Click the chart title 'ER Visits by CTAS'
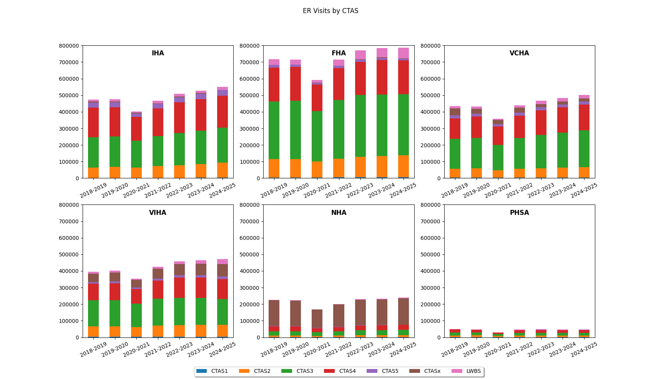[330, 11]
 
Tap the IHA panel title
[158, 53]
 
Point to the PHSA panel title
[519, 213]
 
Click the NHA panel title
[339, 213]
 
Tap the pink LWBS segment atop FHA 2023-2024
[382, 53]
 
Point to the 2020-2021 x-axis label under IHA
[136, 190]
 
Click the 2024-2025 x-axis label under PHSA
[584, 349]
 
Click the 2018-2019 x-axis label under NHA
[274, 349]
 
